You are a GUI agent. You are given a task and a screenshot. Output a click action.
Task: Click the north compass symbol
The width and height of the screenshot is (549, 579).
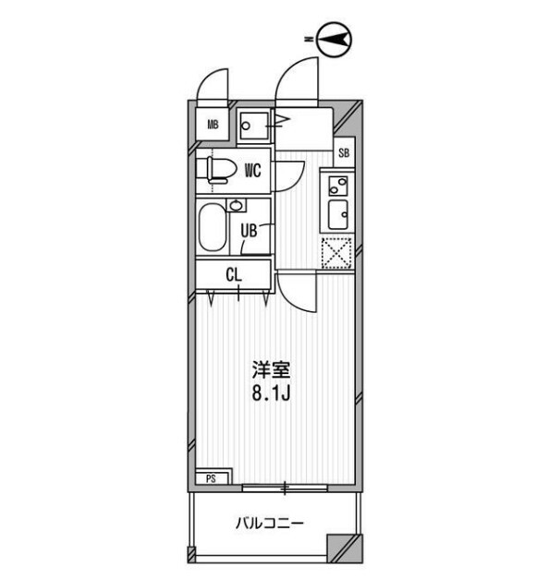coord(334,40)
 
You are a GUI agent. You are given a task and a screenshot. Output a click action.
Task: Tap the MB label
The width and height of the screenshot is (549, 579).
coord(213,125)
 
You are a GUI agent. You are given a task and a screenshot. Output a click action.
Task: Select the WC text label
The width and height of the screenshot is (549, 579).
coord(253,171)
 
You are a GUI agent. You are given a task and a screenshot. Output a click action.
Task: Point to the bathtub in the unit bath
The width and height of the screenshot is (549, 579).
coord(213,227)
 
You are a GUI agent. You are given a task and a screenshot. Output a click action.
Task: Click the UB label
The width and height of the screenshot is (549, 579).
coord(249,231)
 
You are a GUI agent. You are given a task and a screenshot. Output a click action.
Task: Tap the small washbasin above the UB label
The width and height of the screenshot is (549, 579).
coord(236,205)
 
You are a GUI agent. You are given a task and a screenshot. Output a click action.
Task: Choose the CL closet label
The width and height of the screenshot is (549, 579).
coord(234,275)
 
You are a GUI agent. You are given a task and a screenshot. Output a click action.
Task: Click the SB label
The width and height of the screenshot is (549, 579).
coord(344,153)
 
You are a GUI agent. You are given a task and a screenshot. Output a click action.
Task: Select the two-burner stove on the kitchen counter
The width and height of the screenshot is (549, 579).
coord(338,186)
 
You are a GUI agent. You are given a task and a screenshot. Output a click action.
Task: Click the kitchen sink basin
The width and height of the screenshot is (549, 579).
coord(338,214)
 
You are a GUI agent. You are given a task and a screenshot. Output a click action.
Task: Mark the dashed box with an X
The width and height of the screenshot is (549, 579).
coord(336,253)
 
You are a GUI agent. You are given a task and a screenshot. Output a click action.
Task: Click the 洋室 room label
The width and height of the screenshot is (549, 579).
coord(271,369)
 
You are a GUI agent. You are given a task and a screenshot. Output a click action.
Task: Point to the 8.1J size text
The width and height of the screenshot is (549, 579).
coord(271,393)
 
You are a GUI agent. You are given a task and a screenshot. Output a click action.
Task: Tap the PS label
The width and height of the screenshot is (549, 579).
coord(211,479)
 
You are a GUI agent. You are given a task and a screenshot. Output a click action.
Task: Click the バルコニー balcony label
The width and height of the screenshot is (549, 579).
coord(270,524)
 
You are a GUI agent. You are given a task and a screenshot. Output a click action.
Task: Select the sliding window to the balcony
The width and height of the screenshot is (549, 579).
coord(285,488)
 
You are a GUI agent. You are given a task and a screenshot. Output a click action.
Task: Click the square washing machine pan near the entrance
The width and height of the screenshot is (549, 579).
coord(253,126)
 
